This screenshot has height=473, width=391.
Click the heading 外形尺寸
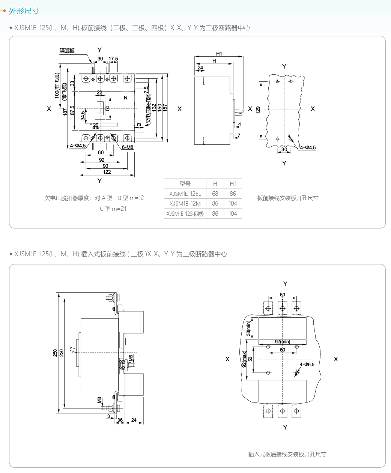click(24, 11)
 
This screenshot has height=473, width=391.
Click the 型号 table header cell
click(185, 184)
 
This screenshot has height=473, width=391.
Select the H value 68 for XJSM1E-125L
click(215, 194)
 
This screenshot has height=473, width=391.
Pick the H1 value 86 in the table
click(233, 194)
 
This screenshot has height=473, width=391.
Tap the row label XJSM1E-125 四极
click(185, 213)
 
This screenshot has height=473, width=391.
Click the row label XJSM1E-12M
click(185, 203)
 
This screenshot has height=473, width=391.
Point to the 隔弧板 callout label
click(67, 51)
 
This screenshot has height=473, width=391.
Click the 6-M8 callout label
click(128, 147)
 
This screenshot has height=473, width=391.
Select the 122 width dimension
click(107, 172)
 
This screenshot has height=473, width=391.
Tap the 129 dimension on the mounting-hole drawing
click(258, 110)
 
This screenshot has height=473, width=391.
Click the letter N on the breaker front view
click(126, 98)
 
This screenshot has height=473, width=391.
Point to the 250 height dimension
click(56, 353)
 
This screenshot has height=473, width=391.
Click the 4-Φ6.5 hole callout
click(307, 364)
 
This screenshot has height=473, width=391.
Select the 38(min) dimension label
click(248, 328)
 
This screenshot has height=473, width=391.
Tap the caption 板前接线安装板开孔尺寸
click(287, 198)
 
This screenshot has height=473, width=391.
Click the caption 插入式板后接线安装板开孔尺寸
click(287, 454)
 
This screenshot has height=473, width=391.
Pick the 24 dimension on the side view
click(200, 68)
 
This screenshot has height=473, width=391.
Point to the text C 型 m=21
click(113, 209)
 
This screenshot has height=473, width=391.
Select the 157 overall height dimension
click(165, 107)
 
